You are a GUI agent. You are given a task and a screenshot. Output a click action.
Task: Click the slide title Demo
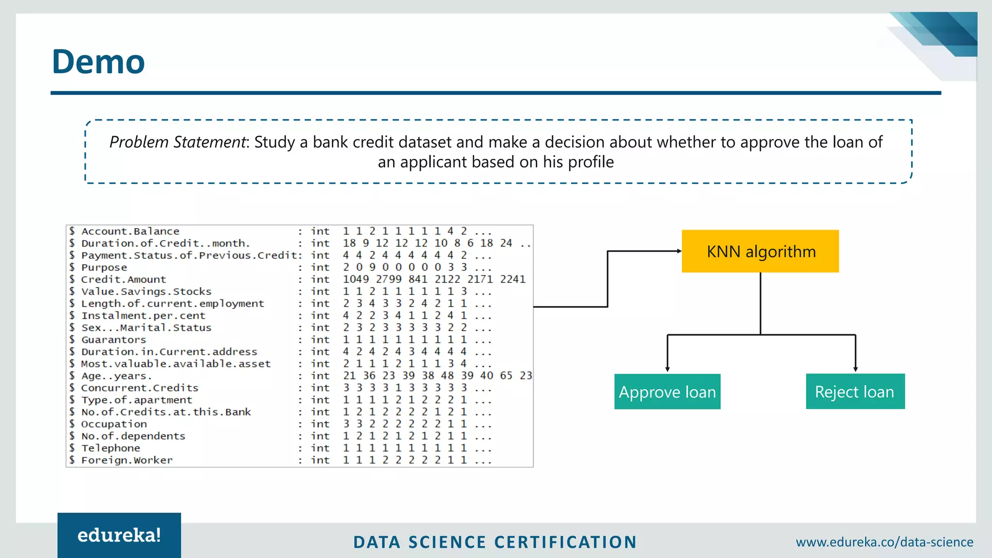(x=98, y=62)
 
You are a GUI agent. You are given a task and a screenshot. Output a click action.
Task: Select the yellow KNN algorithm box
(x=760, y=251)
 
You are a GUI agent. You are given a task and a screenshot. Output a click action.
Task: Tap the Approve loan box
(x=667, y=392)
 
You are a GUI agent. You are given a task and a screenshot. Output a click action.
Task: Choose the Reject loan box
(x=855, y=391)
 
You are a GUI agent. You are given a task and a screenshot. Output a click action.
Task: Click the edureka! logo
(x=119, y=535)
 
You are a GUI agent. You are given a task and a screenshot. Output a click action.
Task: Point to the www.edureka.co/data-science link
(x=884, y=542)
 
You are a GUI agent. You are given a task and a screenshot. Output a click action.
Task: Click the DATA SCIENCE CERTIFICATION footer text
(x=495, y=542)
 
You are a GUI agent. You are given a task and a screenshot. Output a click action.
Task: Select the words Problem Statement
(x=178, y=142)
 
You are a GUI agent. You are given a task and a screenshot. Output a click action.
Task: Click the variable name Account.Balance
(x=130, y=232)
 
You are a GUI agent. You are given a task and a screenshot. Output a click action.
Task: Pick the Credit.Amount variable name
(x=124, y=279)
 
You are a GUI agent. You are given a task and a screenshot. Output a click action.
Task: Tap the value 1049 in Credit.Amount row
(x=356, y=279)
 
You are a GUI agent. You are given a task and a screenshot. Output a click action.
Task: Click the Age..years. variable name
(x=116, y=376)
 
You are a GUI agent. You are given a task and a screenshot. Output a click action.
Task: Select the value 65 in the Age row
(x=506, y=376)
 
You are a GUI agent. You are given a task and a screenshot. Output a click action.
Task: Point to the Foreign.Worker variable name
(x=127, y=460)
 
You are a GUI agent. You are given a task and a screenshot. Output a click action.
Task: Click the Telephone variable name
(x=111, y=448)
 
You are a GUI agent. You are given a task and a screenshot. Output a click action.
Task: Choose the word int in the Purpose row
(x=320, y=267)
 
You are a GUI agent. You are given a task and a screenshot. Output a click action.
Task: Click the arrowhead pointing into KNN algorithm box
(x=679, y=251)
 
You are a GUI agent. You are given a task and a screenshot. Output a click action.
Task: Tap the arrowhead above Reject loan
(x=855, y=369)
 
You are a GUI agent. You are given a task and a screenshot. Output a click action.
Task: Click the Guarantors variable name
(x=114, y=340)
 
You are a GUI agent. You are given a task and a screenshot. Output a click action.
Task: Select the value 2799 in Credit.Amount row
(x=388, y=279)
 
